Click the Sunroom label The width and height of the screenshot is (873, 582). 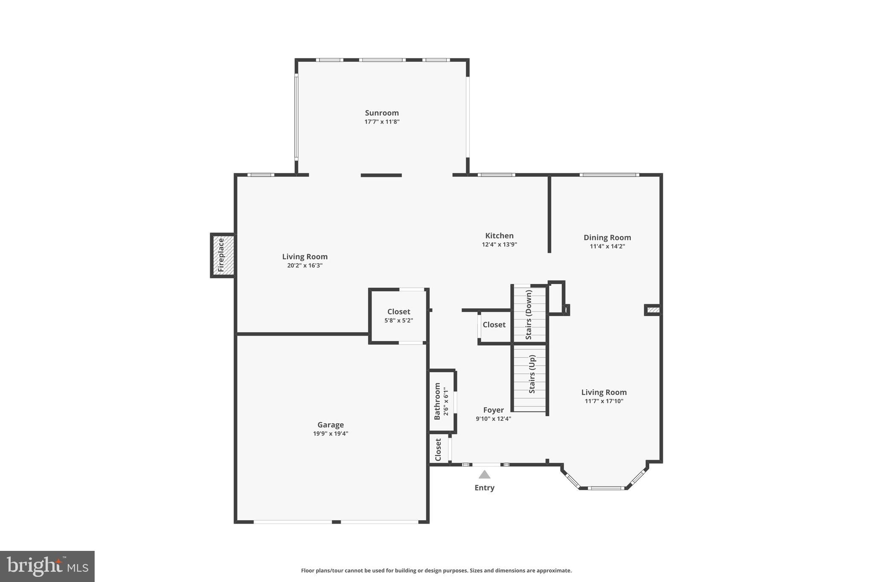tap(382, 113)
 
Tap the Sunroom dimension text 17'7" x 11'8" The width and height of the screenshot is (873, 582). tap(382, 122)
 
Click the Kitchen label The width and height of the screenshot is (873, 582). tap(499, 236)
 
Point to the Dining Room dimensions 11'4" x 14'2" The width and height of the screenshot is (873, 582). tap(607, 246)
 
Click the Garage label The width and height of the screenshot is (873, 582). tap(330, 425)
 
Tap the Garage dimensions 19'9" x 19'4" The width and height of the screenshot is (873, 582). tap(330, 434)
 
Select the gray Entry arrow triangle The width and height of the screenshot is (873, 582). tap(484, 475)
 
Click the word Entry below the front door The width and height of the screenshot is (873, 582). tap(484, 488)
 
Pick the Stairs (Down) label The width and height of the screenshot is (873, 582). tap(529, 315)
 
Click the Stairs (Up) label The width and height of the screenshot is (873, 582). tap(532, 374)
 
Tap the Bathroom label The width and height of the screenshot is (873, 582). tap(437, 401)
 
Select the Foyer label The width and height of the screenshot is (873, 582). tap(493, 410)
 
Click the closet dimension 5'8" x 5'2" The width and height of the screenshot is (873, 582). tap(399, 321)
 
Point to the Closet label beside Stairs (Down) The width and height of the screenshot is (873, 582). tap(494, 325)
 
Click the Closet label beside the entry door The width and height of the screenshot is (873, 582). tap(438, 450)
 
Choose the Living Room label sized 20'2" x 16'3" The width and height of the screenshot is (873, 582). tap(305, 257)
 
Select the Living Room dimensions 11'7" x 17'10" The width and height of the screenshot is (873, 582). tap(604, 401)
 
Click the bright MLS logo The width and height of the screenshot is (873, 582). tap(47, 566)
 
